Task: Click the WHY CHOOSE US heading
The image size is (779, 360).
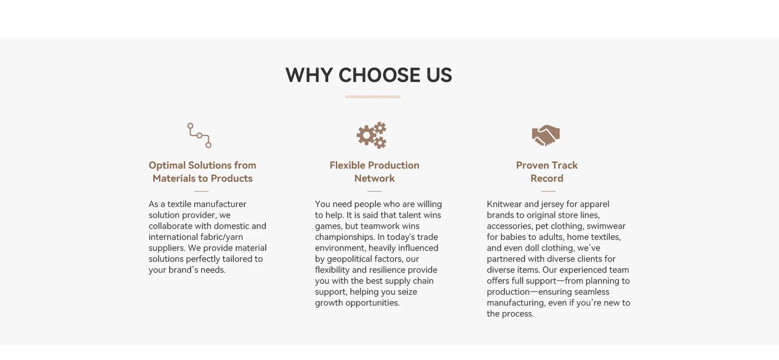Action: point(369,75)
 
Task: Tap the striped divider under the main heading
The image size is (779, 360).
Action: point(373,97)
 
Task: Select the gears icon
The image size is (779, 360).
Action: point(371,135)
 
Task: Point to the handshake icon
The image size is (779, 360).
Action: point(546,135)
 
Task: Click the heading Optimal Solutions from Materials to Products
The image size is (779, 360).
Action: point(202,172)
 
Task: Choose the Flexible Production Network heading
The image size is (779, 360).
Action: point(374,172)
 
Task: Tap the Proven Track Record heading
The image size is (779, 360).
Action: point(547,172)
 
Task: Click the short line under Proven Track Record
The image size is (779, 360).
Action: point(548,191)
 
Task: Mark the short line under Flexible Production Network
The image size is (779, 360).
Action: point(374,191)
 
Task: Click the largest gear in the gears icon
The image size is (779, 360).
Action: point(366,136)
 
